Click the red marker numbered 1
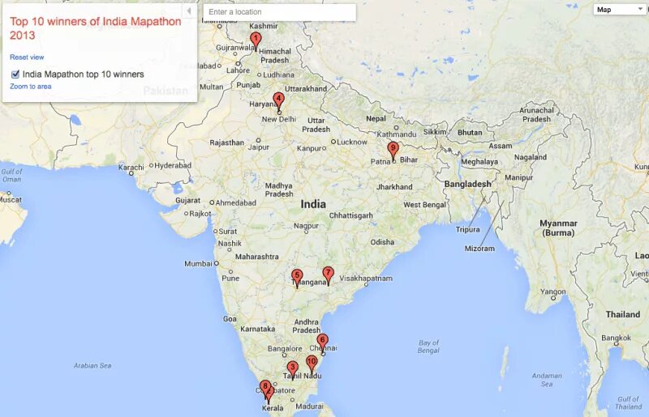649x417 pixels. pos(256,39)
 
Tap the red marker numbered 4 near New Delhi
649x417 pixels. pos(278,100)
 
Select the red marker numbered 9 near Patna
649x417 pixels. pos(393,148)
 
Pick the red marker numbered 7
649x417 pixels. pos(328,274)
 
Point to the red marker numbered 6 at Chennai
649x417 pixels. pos(322,341)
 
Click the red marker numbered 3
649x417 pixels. pos(292,368)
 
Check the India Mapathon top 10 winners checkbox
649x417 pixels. pos(16,74)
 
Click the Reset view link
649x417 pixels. pos(27,57)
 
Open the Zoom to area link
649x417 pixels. pos(31,86)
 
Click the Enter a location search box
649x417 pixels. pos(279,12)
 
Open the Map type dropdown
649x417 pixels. pos(619,10)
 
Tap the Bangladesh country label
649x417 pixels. pos(467,184)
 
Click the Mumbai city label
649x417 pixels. pos(199,263)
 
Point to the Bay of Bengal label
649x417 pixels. pos(428,347)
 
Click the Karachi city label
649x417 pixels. pos(131,168)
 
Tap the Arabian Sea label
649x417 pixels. pos(92,365)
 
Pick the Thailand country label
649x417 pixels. pos(622,314)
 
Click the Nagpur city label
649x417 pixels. pos(306,226)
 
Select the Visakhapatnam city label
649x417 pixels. pos(366,278)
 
